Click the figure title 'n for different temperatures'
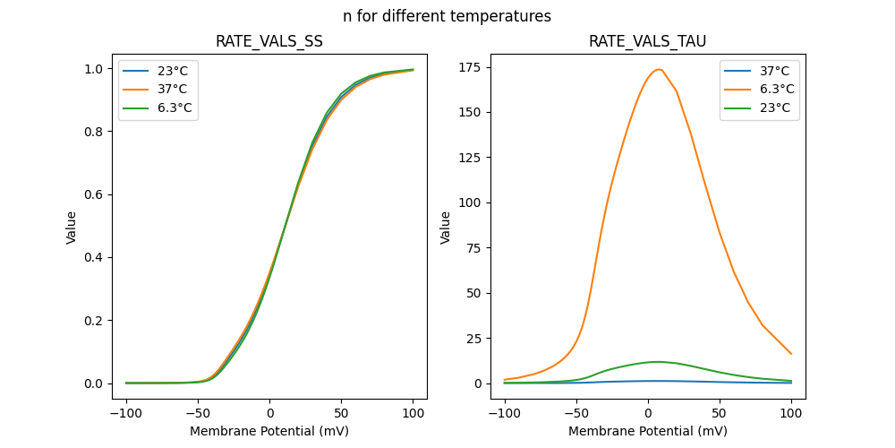click(x=447, y=16)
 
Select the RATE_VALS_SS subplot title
click(x=269, y=42)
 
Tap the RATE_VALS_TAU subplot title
click(x=647, y=42)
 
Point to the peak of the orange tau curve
click(x=659, y=69)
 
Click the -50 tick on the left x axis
click(x=198, y=414)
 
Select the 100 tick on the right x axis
click(x=791, y=414)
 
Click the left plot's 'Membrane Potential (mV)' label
click(x=269, y=431)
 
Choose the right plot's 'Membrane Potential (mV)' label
click(x=647, y=431)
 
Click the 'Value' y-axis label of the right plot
click(x=446, y=227)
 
